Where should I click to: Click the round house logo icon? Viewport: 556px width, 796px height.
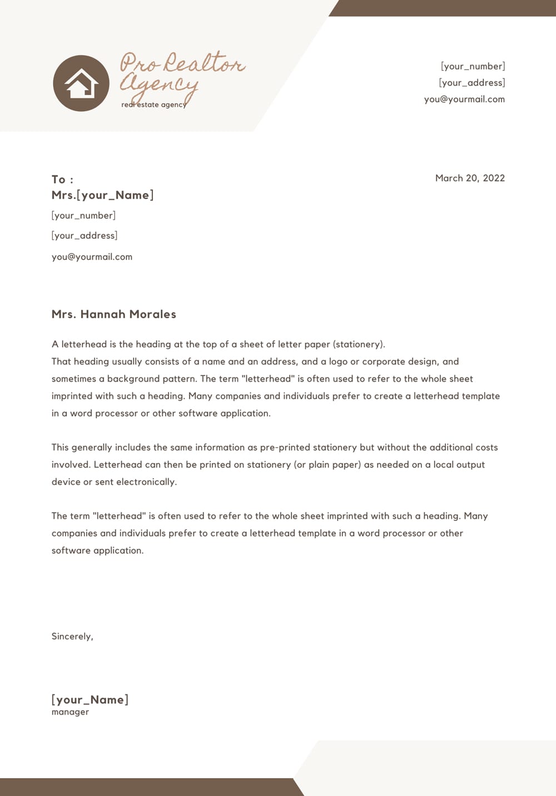(x=81, y=83)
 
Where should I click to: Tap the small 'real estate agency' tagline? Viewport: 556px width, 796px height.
(x=153, y=105)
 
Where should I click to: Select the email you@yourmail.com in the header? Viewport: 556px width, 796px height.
(x=464, y=99)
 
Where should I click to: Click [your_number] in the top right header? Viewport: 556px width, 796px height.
(x=473, y=66)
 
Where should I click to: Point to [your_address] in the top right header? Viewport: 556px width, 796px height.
(x=471, y=82)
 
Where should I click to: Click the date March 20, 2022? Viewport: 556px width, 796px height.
(x=470, y=178)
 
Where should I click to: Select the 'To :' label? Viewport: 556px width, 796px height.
(x=62, y=179)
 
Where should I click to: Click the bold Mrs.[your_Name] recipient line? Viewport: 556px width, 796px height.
(x=102, y=195)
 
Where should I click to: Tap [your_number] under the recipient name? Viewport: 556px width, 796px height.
(x=83, y=215)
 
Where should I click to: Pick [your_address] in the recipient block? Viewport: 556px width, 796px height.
(x=85, y=235)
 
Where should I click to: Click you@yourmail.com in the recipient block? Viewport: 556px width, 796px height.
(x=92, y=257)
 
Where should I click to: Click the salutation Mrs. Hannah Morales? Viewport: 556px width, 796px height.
(x=113, y=314)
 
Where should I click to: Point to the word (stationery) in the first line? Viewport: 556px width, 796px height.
(x=359, y=344)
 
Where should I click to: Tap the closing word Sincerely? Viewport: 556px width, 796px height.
(x=72, y=636)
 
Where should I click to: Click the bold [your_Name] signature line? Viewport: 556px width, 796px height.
(x=90, y=700)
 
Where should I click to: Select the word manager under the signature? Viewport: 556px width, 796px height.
(x=70, y=712)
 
